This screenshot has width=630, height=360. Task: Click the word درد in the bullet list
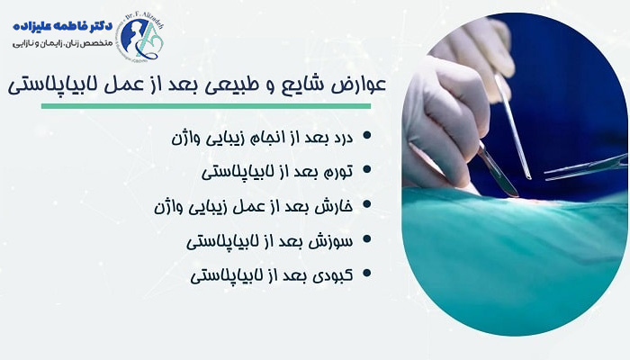tap(339, 137)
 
